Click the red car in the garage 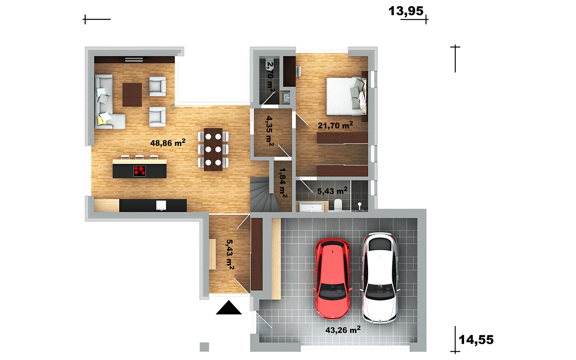(x=332, y=279)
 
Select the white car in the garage (x=380, y=278)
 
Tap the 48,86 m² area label (x=168, y=143)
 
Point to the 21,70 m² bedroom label (x=335, y=125)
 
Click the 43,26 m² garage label (x=343, y=330)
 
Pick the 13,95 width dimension (x=406, y=11)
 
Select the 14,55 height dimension (x=476, y=340)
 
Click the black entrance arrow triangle (x=229, y=307)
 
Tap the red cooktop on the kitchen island (x=139, y=171)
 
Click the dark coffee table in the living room (x=132, y=95)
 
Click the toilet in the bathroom (x=338, y=205)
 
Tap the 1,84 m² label (x=283, y=183)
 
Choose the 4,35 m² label (x=270, y=131)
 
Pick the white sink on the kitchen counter (x=161, y=205)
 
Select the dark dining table (x=213, y=149)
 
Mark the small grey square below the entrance (x=204, y=347)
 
